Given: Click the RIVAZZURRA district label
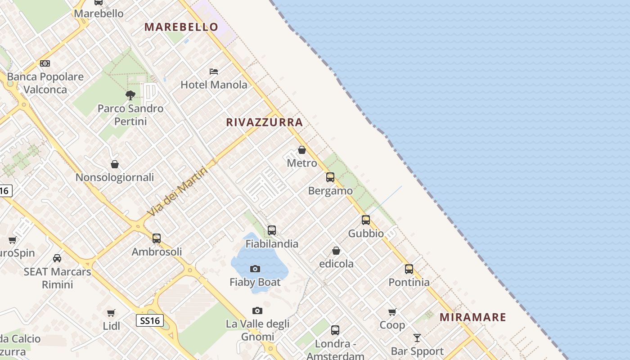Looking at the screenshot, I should click(x=264, y=122).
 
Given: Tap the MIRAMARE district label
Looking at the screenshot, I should click(x=472, y=317).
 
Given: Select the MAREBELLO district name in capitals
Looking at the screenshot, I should click(x=181, y=27).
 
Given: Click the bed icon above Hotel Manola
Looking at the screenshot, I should click(x=214, y=72).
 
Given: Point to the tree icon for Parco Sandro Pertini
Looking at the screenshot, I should click(x=130, y=95).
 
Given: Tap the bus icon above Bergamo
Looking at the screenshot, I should click(x=330, y=177).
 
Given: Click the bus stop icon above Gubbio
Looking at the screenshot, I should click(x=366, y=220).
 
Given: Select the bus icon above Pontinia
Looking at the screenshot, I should click(x=409, y=269).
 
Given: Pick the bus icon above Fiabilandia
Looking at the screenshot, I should click(x=272, y=230).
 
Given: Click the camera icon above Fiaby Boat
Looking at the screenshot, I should click(x=255, y=269).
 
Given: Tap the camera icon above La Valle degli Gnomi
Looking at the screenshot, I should click(x=257, y=310).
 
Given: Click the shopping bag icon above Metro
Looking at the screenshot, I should click(x=302, y=150).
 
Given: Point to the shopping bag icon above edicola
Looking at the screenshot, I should click(x=336, y=251).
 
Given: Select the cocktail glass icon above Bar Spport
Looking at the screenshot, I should click(x=417, y=337).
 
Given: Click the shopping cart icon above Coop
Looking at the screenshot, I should click(x=392, y=312).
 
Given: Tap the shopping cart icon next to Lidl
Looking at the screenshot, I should click(x=111, y=313).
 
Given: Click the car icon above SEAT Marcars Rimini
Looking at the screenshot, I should click(x=57, y=258).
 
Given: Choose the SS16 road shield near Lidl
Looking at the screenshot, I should click(x=149, y=320).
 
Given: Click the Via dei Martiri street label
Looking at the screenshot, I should click(x=178, y=191).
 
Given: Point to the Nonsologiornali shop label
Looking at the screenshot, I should click(x=115, y=177).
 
